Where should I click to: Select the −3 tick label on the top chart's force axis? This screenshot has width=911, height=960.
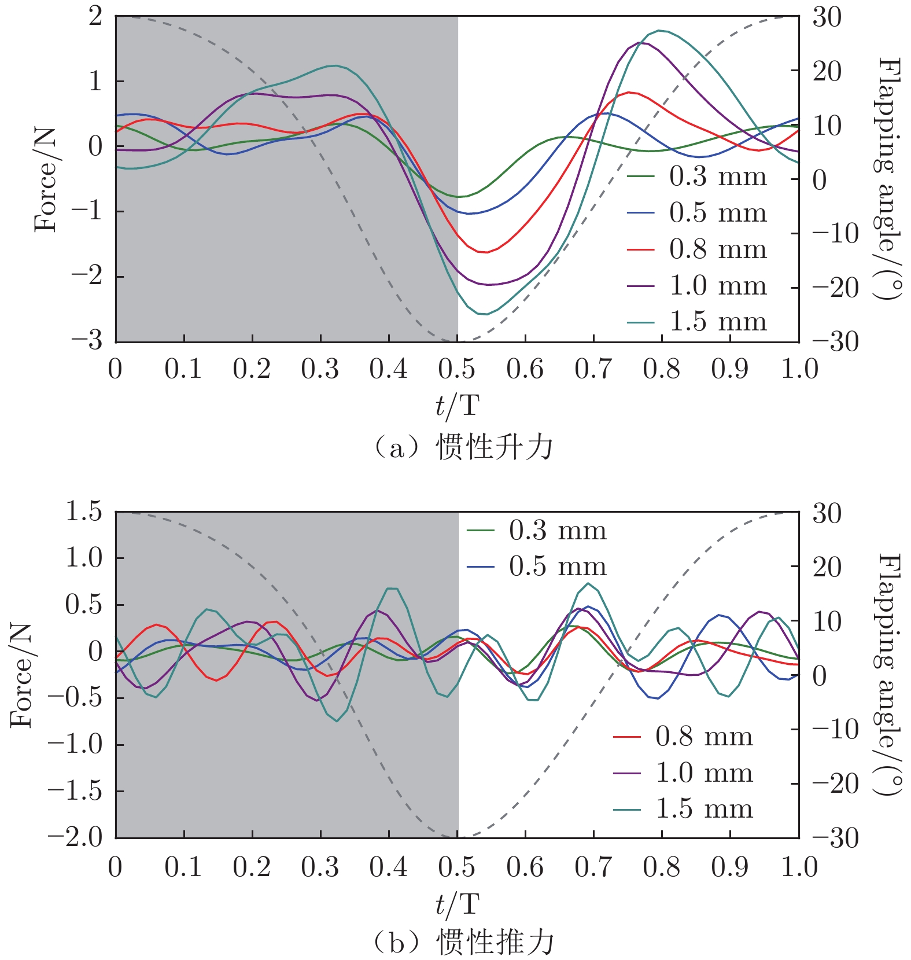tap(87, 341)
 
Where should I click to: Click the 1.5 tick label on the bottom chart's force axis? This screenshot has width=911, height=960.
tap(83, 512)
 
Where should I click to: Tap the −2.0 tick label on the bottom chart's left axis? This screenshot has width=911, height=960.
tap(75, 837)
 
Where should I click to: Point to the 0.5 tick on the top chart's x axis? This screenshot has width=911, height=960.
tap(457, 369)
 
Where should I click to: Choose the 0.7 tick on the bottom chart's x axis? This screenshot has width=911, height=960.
tap(593, 867)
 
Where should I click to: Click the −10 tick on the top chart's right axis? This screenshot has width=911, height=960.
tap(835, 234)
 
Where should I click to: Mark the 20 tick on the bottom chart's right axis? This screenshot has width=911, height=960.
tap(827, 567)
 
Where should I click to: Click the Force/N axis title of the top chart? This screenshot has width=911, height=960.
tap(46, 179)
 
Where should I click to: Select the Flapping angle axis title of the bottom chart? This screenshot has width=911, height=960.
tap(889, 674)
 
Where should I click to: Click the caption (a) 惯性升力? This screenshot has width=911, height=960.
tap(463, 447)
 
